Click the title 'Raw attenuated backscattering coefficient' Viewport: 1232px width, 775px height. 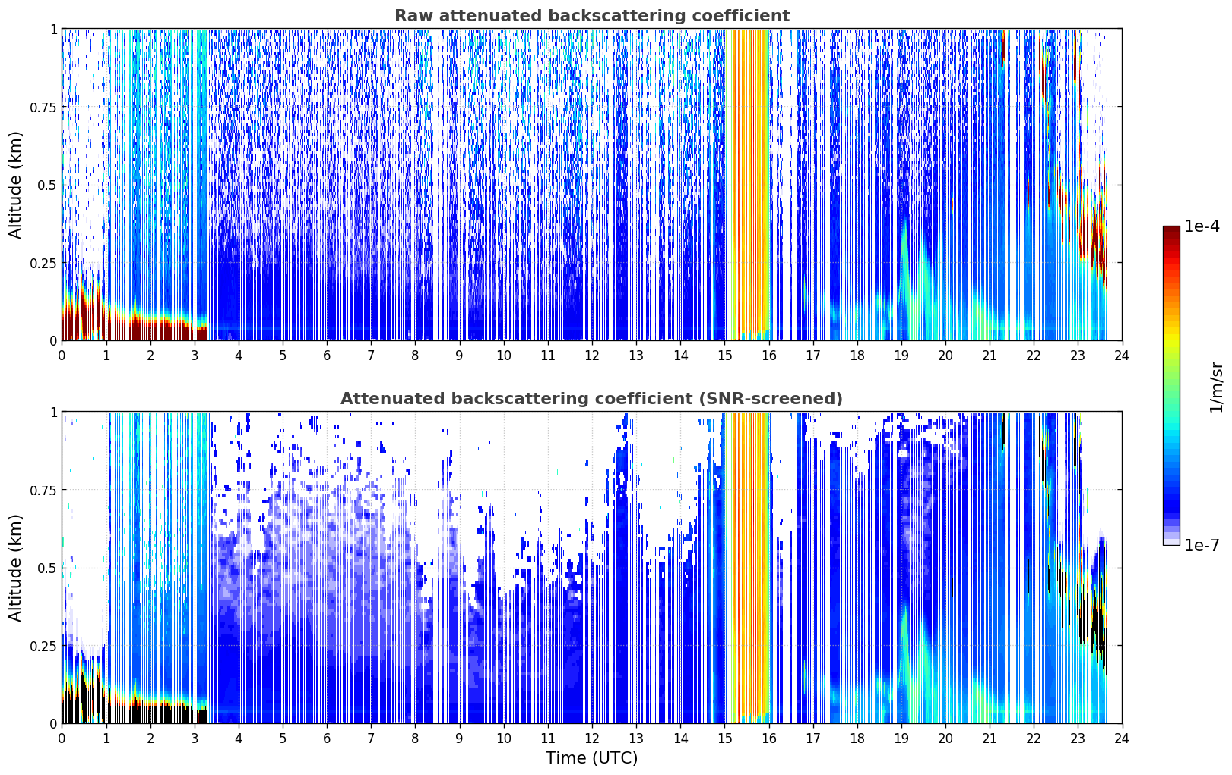coord(592,15)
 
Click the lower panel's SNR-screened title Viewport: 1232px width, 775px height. coord(592,398)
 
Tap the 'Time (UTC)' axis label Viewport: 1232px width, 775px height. coord(592,758)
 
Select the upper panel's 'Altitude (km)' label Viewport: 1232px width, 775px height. coord(15,185)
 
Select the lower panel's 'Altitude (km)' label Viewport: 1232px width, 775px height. coord(15,568)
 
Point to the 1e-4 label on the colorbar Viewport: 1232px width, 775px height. coord(1202,226)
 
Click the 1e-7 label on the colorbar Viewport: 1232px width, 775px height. coord(1202,545)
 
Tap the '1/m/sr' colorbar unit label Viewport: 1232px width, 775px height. coord(1216,387)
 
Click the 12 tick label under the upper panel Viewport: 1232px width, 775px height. coord(592,356)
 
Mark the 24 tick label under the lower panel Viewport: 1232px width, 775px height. coord(1122,739)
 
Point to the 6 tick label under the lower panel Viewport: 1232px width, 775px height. coord(327,739)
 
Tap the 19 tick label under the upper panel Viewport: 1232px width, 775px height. coord(901,356)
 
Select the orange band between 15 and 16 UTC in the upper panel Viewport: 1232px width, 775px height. coord(747,185)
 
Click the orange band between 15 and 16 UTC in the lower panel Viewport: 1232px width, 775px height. coord(747,568)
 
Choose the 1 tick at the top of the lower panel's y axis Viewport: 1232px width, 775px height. coord(53,413)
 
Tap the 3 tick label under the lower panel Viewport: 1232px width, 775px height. coord(194,739)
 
